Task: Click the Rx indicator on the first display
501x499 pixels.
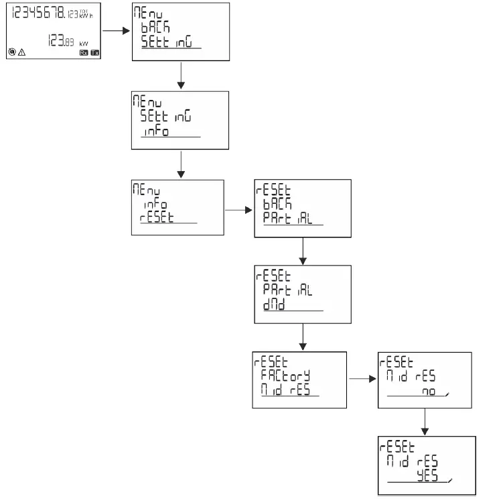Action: pyautogui.click(x=83, y=52)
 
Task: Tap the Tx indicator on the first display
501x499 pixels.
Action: pyautogui.click(x=94, y=52)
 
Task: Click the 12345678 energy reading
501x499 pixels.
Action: pyautogui.click(x=39, y=13)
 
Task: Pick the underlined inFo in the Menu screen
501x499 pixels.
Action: pyautogui.click(x=155, y=130)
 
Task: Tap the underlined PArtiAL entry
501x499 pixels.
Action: pyautogui.click(x=287, y=219)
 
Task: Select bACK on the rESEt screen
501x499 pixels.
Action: pyautogui.click(x=277, y=204)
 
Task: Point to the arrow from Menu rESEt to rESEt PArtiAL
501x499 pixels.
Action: pyautogui.click(x=238, y=209)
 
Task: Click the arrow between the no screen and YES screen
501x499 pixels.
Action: pyautogui.click(x=425, y=421)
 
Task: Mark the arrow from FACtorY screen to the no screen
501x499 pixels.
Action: pyautogui.click(x=362, y=379)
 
